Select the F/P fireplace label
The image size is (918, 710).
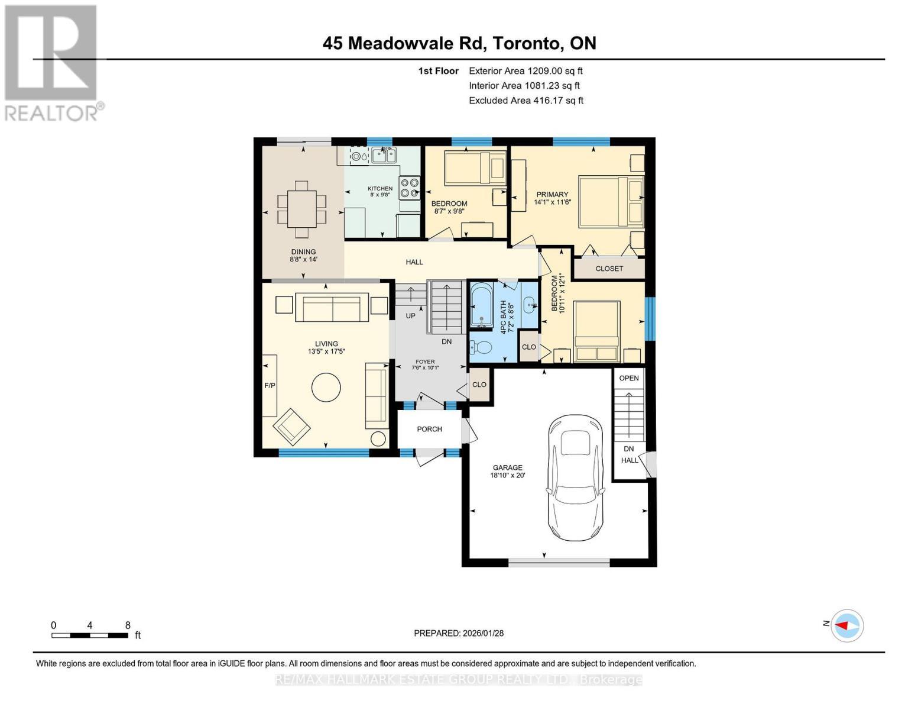coord(270,386)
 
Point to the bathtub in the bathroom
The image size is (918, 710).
coord(481,305)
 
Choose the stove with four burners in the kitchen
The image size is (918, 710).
coord(409,188)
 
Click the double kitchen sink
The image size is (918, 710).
coord(384,156)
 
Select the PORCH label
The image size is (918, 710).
coord(429,429)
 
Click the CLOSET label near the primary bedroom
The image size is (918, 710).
coord(609,269)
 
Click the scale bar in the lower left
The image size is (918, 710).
coord(90,635)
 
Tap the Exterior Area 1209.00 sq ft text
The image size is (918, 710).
coord(526,71)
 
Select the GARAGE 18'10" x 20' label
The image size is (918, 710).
coord(507,471)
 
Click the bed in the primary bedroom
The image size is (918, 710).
coord(611,201)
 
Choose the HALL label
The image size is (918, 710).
coord(414,262)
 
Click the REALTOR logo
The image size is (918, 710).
coord(52,62)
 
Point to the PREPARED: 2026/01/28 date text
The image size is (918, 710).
coord(458,633)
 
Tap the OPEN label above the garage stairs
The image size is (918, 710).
coord(628,378)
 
